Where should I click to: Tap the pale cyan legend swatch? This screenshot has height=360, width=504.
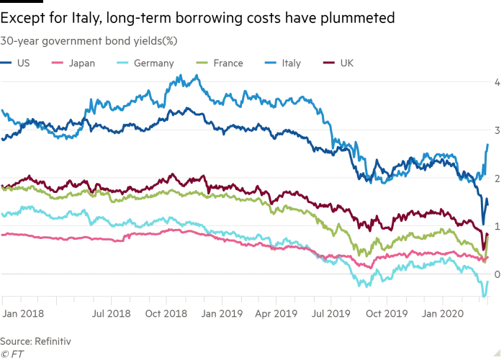121,63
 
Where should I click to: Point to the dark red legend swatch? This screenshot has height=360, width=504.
331,63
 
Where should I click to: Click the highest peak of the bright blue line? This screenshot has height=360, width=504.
178,74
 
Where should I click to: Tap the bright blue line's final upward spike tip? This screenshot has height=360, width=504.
489,141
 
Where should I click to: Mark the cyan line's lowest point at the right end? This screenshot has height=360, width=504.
484,294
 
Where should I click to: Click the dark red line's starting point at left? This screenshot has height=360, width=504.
2,186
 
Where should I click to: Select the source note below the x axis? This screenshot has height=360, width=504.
36,338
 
